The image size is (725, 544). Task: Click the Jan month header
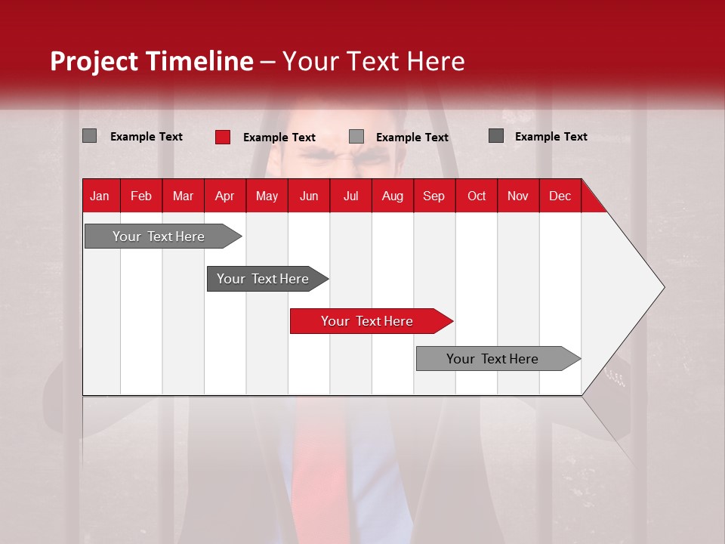tap(100, 196)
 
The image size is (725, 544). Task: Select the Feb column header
tap(141, 196)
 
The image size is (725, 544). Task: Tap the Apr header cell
tap(224, 196)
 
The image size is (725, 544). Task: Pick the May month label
tap(267, 196)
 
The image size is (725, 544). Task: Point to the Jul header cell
tap(350, 196)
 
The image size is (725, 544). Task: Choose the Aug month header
tap(392, 196)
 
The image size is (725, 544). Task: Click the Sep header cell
tap(433, 196)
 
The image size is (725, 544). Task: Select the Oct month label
tap(477, 196)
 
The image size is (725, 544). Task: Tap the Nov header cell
tap(518, 196)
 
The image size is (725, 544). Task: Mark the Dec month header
tap(560, 196)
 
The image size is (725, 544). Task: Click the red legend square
tap(223, 137)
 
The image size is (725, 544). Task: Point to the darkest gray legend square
tap(496, 136)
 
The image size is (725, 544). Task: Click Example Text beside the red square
tap(279, 138)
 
